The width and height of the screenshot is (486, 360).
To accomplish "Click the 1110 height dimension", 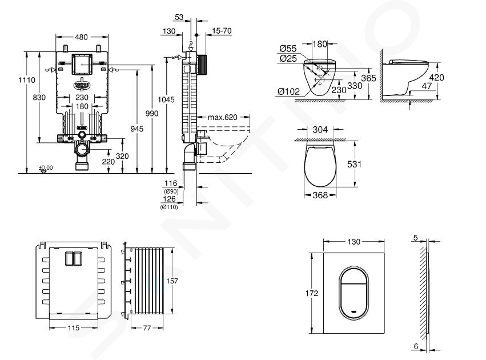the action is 27,79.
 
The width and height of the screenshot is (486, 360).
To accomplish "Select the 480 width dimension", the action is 82,37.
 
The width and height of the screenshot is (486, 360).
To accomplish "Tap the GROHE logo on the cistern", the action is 82,85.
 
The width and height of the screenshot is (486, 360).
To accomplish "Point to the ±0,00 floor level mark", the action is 46,168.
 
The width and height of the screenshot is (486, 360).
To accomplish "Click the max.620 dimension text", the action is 222,117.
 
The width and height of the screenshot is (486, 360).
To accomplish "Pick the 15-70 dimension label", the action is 222,31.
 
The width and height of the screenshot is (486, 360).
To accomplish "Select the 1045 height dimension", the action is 166,99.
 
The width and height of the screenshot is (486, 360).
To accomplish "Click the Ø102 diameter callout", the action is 289,91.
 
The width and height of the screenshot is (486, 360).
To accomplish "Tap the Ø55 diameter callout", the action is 288,49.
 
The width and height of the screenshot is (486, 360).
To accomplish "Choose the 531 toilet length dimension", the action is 354,164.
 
